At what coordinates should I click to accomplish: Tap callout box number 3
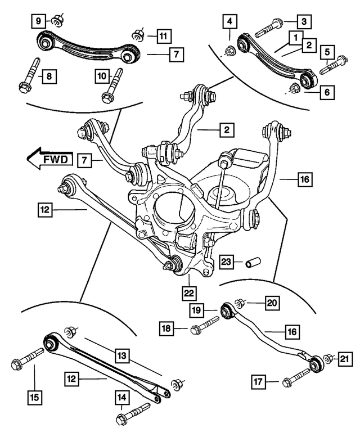click(304, 22)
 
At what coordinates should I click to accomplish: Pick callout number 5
click(326, 53)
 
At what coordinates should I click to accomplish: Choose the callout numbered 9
click(38, 22)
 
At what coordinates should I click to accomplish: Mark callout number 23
click(226, 262)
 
